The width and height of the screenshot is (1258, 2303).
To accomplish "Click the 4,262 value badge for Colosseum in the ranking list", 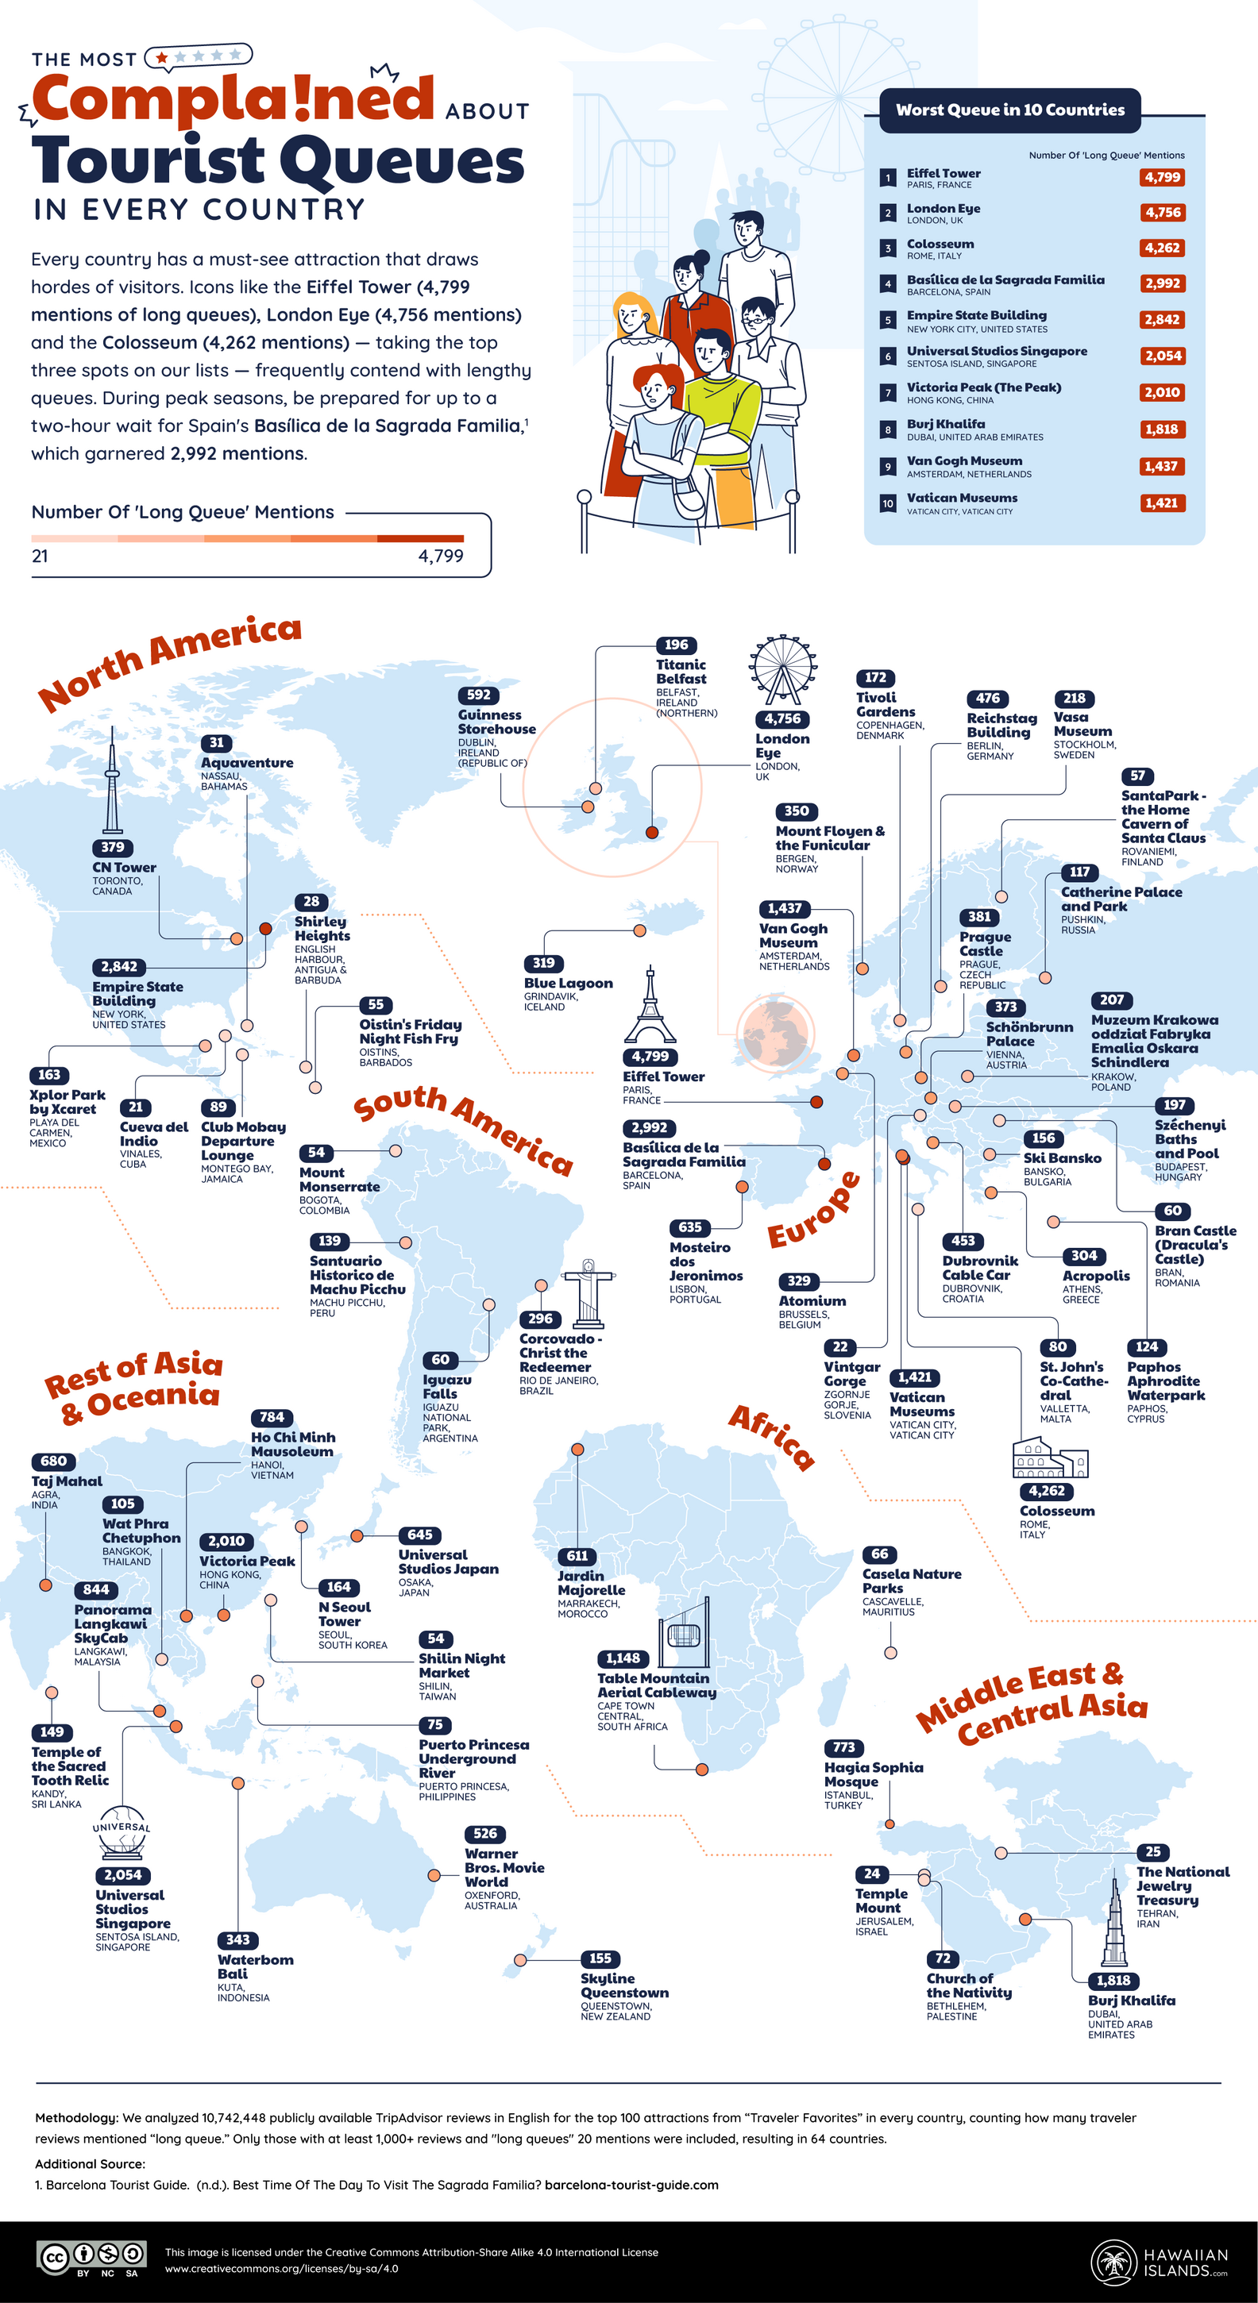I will pos(1161,248).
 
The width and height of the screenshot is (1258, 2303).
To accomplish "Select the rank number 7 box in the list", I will pos(887,392).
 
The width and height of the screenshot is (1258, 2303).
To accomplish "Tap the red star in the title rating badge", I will pos(162,57).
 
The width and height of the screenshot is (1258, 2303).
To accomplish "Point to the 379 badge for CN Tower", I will pos(113,846).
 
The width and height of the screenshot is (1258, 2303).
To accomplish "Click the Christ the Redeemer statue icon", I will pos(588,1292).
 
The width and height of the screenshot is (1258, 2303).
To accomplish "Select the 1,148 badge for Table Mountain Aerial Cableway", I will pos(623,1658).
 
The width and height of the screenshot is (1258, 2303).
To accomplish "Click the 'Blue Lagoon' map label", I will pos(568,983).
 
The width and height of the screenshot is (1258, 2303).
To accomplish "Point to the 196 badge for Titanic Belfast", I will pos(676,645).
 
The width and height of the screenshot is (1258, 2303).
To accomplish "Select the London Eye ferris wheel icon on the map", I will pos(782,671).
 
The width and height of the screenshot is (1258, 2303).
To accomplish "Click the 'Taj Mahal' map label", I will pos(67,1481).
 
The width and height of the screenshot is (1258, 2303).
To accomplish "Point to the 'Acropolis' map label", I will pos(1095,1276).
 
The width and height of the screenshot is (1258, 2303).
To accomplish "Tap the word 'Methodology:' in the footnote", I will pos(76,2118).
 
